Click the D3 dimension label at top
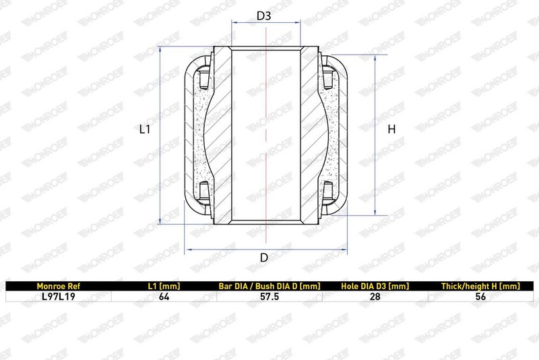tap(264, 16)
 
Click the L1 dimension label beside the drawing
tap(145, 129)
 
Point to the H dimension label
tap(391, 129)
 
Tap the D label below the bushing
tap(264, 258)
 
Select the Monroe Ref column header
tap(59, 286)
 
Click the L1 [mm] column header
tap(164, 286)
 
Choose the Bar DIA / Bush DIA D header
tap(269, 286)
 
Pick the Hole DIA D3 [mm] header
tap(375, 286)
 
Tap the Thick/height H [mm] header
tap(480, 286)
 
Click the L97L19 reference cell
tap(59, 297)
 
